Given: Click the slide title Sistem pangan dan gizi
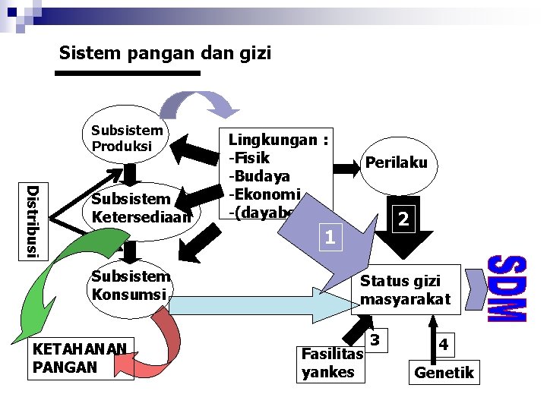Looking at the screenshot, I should coord(164,53).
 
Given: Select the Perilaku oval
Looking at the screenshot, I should coord(396,162).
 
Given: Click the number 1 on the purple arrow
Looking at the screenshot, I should coord(329,238).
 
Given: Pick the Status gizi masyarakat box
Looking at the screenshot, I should coord(406,289).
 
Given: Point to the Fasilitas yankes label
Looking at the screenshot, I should coord(328,363).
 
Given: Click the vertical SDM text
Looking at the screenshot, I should coord(506,289).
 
